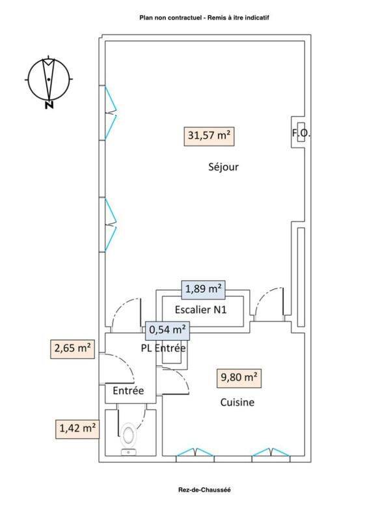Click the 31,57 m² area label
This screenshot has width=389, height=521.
pyautogui.click(x=209, y=136)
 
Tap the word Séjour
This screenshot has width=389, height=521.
pyautogui.click(x=223, y=167)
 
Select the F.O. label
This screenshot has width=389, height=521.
pyautogui.click(x=301, y=134)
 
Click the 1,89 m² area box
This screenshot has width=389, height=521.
pyautogui.click(x=203, y=289)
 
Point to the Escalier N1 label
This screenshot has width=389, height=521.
pyautogui.click(x=201, y=310)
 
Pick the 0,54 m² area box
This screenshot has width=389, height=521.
pyautogui.click(x=168, y=330)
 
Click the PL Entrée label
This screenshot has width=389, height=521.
pyautogui.click(x=163, y=348)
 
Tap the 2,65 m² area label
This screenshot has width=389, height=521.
pyautogui.click(x=72, y=349)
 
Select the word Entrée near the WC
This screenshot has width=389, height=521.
pyautogui.click(x=128, y=390)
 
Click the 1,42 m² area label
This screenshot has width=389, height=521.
pyautogui.click(x=77, y=429)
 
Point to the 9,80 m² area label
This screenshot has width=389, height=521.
pyautogui.click(x=239, y=378)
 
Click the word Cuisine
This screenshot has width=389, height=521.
pyautogui.click(x=237, y=402)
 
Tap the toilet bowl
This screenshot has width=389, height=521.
pyautogui.click(x=128, y=435)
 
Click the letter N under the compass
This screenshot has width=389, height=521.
pyautogui.click(x=49, y=105)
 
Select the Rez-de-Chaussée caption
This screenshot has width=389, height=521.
pyautogui.click(x=204, y=490)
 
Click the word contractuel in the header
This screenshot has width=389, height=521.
pyautogui.click(x=185, y=18)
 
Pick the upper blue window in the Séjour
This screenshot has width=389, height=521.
pyautogui.click(x=110, y=113)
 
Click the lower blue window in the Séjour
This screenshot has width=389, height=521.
pyautogui.click(x=110, y=225)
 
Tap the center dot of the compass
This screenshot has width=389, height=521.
pyautogui.click(x=49, y=79)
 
